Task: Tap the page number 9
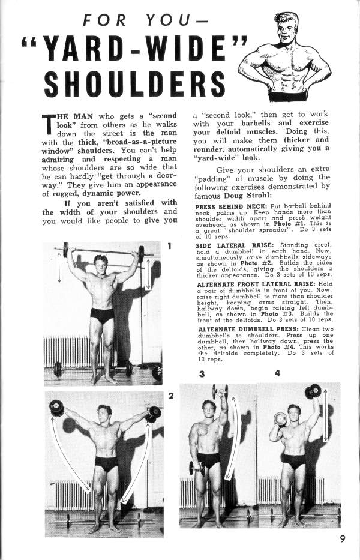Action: tap(342, 538)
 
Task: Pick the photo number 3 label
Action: tap(202, 374)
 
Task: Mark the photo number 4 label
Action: tap(277, 373)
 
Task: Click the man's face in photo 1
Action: tap(101, 263)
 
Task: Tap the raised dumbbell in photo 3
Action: tap(220, 391)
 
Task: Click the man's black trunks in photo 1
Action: tap(102, 315)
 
